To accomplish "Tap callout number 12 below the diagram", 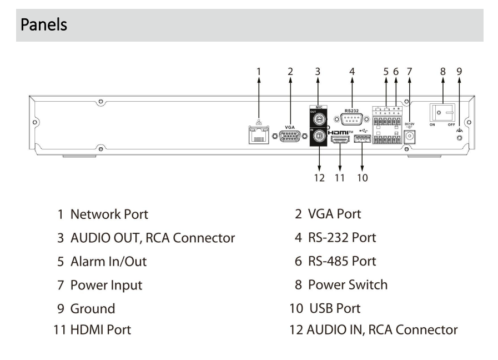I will tap(319, 179).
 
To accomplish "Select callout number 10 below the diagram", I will tap(361, 179).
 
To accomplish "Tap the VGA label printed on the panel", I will tap(290, 127).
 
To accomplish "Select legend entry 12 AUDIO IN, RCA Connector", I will tap(382, 329).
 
